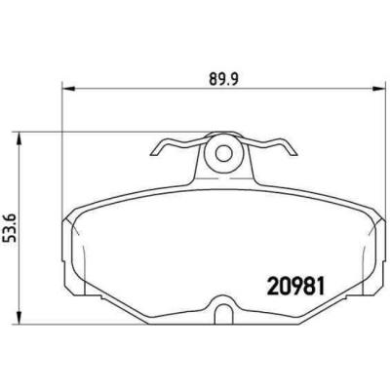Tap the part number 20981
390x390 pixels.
click(x=294, y=287)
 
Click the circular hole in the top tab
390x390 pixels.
click(x=222, y=151)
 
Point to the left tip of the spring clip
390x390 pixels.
click(x=156, y=150)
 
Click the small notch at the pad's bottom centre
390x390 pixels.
click(x=223, y=314)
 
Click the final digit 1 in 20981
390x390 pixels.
click(x=318, y=287)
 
